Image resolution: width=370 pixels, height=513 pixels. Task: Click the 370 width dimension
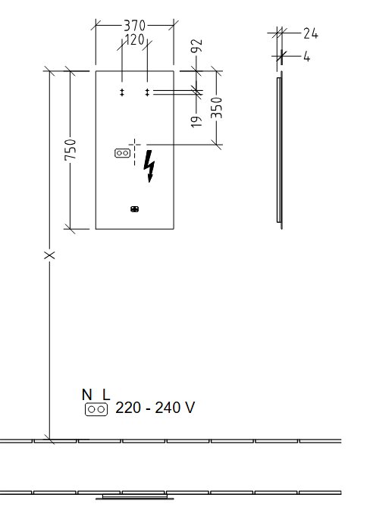[x=134, y=26]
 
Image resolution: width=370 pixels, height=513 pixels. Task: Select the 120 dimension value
[x=134, y=40]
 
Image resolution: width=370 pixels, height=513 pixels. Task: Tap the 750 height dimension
[x=71, y=149]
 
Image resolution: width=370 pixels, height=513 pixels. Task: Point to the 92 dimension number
[x=197, y=45]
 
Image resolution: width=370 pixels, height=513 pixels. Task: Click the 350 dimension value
[x=216, y=108]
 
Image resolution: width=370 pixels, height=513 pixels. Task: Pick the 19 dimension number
[x=196, y=121]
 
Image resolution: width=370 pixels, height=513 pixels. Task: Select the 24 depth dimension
[x=310, y=33]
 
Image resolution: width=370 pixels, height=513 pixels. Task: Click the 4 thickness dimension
[x=306, y=57]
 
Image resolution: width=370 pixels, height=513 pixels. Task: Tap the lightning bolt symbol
[x=149, y=166]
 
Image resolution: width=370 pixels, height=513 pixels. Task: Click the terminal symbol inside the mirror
[x=123, y=153]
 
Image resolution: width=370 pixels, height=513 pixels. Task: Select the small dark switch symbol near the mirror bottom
[x=134, y=208]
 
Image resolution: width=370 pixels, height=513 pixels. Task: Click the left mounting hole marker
[x=122, y=92]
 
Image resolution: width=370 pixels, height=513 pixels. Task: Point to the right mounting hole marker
[x=147, y=92]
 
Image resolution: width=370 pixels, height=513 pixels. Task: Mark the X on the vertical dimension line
[x=49, y=255]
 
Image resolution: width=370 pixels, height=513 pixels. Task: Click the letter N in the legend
[x=86, y=395]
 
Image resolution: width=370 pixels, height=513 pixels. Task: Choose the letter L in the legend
[x=106, y=395]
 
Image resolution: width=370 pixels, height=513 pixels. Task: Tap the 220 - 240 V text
[x=155, y=408]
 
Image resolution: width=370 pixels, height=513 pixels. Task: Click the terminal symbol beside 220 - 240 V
[x=96, y=409]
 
